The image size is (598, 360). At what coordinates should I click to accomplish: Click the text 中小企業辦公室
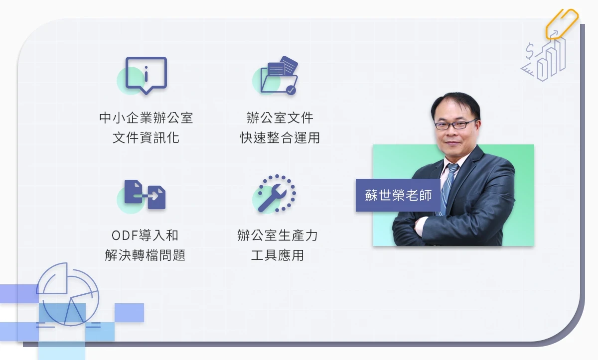(146, 118)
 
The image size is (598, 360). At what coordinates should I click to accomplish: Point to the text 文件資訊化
(146, 138)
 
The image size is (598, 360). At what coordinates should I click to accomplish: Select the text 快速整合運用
(280, 138)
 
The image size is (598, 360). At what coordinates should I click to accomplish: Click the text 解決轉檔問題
(145, 255)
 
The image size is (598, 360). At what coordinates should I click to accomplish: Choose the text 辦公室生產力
(278, 236)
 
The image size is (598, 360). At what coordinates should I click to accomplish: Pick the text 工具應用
(278, 255)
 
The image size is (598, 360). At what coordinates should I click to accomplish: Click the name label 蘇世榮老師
(398, 195)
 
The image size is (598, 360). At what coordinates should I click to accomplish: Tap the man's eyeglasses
(455, 124)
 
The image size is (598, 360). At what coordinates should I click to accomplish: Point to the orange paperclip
(562, 24)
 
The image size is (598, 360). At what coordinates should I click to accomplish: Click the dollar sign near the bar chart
(530, 51)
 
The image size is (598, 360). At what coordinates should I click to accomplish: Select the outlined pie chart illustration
(68, 294)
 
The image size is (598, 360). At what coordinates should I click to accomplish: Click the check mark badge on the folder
(291, 90)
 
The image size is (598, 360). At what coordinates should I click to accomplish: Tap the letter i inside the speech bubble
(146, 74)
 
